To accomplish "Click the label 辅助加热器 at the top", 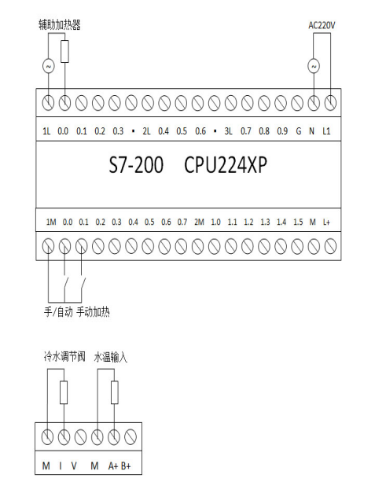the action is point(60,25).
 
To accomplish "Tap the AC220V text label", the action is point(322,25).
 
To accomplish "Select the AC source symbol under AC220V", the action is point(314,66).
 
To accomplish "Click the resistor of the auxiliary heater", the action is point(64,51).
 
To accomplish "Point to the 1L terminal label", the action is point(46,131).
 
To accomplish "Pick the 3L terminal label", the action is point(228,131).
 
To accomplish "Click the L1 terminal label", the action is point(326,131).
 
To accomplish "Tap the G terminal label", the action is point(298,131).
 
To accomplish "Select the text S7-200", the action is point(136,165).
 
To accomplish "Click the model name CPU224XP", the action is point(226,165).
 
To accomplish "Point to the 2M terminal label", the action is point(199,223).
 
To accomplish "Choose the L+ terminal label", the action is point(326,223).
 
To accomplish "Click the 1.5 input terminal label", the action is point(298,223).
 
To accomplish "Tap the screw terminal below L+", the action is point(330,246).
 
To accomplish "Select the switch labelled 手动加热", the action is point(83,284).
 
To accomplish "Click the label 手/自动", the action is point(58,312).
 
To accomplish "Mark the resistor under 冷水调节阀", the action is point(64,392).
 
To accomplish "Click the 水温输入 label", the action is point(111,358).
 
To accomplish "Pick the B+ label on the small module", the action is point(126,465).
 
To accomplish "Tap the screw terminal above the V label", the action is point(80,437).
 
